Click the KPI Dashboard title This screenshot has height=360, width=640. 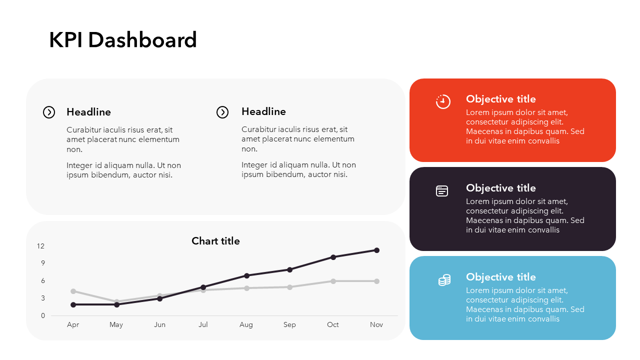tap(123, 40)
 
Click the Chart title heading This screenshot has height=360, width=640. tap(215, 241)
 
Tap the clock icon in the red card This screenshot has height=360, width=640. tap(443, 101)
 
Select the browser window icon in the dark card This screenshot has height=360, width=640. tap(442, 191)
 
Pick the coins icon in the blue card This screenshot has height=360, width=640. tap(444, 280)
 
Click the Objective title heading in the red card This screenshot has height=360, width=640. tap(501, 99)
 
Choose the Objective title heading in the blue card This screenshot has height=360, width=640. tap(501, 277)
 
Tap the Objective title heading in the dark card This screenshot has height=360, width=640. tap(501, 188)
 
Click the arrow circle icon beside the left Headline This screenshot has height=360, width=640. tap(49, 112)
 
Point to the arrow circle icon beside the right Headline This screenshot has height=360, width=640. tap(222, 112)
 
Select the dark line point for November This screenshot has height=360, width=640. tap(377, 250)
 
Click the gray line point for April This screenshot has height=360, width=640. tap(73, 291)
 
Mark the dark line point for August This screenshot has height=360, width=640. tap(247, 275)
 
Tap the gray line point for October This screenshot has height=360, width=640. tap(333, 281)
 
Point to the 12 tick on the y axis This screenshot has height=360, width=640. tap(41, 246)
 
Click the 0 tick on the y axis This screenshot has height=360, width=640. tap(43, 315)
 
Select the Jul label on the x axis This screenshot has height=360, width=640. tap(203, 324)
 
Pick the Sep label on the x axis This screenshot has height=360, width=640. tap(289, 325)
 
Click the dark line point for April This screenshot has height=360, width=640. tap(73, 305)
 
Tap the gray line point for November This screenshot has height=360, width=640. tap(377, 281)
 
